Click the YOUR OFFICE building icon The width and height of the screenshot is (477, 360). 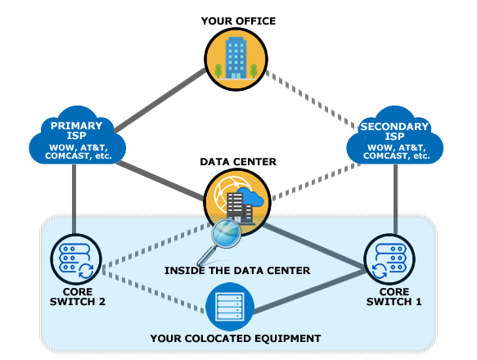click(236, 59)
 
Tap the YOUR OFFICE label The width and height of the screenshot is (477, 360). click(238, 21)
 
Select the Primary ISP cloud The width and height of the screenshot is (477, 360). click(77, 136)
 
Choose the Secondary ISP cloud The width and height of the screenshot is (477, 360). click(394, 136)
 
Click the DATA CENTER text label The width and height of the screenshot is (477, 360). click(238, 161)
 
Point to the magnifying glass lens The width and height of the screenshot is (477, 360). click(227, 233)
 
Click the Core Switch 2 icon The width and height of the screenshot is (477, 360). click(76, 259)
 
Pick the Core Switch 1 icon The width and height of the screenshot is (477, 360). click(389, 259)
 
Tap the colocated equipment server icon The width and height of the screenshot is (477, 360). click(230, 307)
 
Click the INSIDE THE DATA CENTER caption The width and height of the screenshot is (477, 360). click(237, 271)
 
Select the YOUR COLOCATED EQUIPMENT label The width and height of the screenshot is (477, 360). click(236, 339)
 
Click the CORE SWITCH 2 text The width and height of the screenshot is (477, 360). click(78, 297)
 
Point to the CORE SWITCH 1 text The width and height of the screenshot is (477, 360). click(394, 297)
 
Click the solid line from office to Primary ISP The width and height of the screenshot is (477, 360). click(160, 100)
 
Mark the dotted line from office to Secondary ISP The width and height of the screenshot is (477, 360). click(313, 100)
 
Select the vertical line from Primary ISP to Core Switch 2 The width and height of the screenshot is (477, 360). click(74, 200)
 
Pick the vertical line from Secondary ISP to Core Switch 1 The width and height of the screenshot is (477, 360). click(395, 200)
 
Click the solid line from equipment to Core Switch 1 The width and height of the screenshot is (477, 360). click(308, 291)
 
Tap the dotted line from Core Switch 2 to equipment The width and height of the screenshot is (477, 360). click(154, 291)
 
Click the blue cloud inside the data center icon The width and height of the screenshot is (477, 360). click(250, 196)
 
